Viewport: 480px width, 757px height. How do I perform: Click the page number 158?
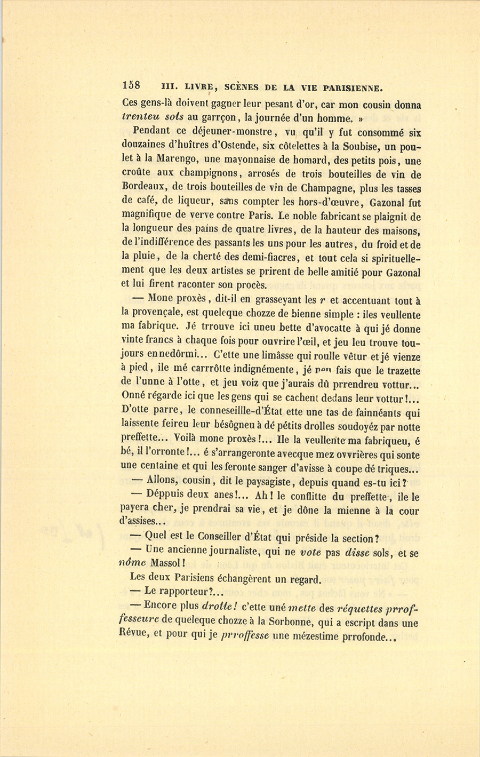tap(131, 85)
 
